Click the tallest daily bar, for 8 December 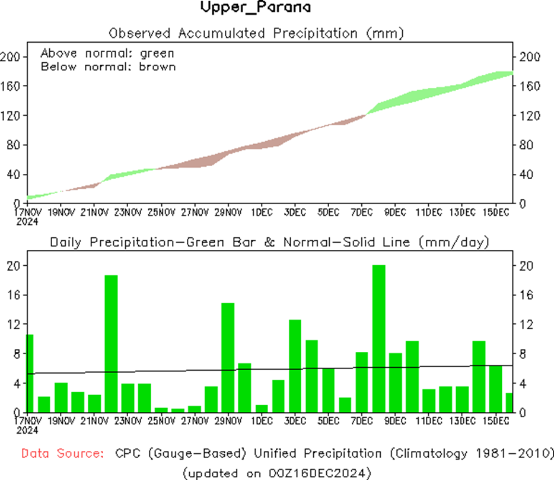coord(379,338)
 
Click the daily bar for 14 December coord(479,376)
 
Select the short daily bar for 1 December coord(261,409)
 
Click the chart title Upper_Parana coord(256,8)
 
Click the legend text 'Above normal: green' coord(107,53)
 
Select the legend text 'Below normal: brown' coord(108,66)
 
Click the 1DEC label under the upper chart coord(262,212)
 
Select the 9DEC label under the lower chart coord(395,421)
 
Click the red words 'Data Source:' coord(62,454)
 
